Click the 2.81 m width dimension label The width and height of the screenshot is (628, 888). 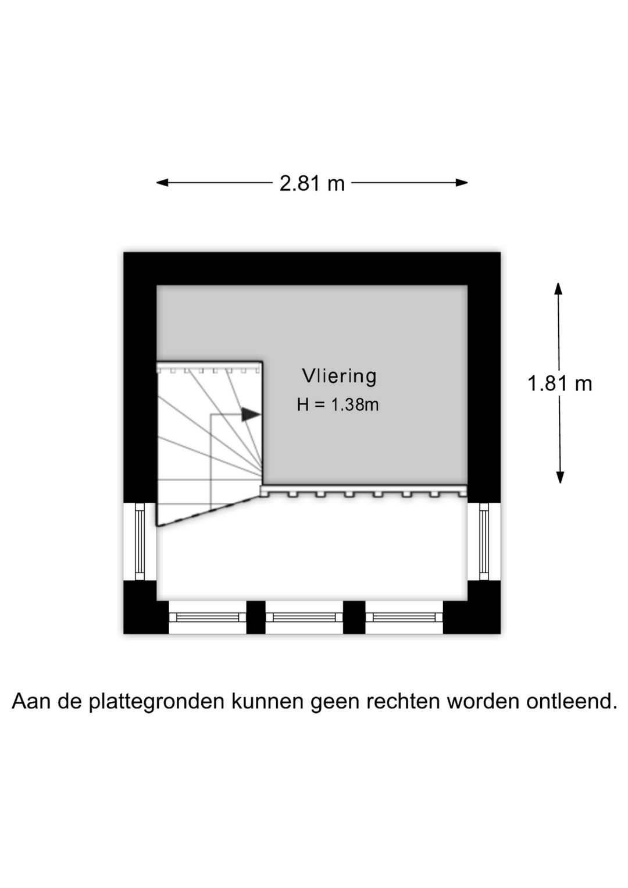(x=312, y=184)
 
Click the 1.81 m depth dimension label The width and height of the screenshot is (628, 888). (x=559, y=383)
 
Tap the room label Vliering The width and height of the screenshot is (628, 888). (x=339, y=376)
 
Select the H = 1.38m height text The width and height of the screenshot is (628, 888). (x=338, y=405)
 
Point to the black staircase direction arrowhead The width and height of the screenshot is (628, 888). (x=251, y=415)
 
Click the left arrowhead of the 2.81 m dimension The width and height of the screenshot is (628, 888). (x=163, y=183)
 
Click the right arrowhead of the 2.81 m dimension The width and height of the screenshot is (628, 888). (x=461, y=183)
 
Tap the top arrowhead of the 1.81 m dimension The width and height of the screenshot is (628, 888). (x=558, y=289)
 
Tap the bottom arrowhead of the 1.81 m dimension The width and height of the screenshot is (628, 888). (x=560, y=477)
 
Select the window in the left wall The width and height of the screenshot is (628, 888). (x=140, y=542)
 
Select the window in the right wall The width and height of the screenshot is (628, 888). (x=484, y=542)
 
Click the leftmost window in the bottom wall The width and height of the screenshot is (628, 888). (x=207, y=617)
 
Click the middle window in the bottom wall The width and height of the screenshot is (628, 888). (x=304, y=617)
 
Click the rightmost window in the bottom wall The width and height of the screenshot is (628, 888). (x=404, y=617)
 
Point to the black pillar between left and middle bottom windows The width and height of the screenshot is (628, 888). (x=255, y=617)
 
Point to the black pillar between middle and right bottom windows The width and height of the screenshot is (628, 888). (x=354, y=617)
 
